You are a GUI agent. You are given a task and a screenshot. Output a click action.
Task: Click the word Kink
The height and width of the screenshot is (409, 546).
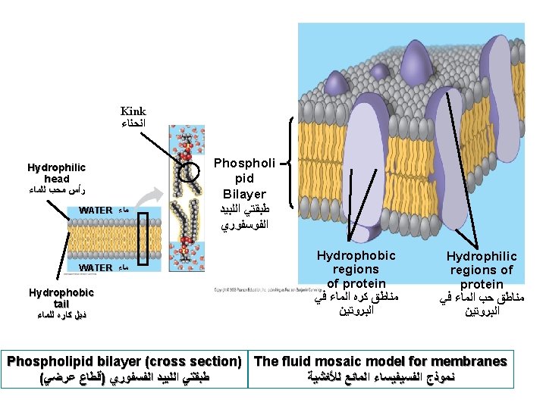pyautogui.click(x=133, y=111)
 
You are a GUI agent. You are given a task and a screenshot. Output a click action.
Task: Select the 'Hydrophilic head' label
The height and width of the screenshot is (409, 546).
pyautogui.click(x=56, y=173)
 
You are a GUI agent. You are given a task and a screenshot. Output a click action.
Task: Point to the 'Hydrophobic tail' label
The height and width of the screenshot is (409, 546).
pyautogui.click(x=61, y=298)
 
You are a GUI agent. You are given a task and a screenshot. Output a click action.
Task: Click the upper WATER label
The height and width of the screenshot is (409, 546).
pyautogui.click(x=96, y=210)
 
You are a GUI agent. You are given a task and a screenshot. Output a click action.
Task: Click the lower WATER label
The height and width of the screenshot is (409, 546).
pyautogui.click(x=96, y=267)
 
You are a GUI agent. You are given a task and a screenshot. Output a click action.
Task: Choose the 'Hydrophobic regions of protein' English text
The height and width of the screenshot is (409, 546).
pyautogui.click(x=356, y=270)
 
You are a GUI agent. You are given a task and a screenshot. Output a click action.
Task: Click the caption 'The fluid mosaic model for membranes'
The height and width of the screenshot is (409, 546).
pyautogui.click(x=381, y=361)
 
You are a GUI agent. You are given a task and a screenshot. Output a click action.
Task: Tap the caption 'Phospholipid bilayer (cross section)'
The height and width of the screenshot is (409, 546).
pyautogui.click(x=124, y=361)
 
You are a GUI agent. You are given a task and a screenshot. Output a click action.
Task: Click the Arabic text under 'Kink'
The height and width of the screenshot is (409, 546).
pyautogui.click(x=133, y=123)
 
